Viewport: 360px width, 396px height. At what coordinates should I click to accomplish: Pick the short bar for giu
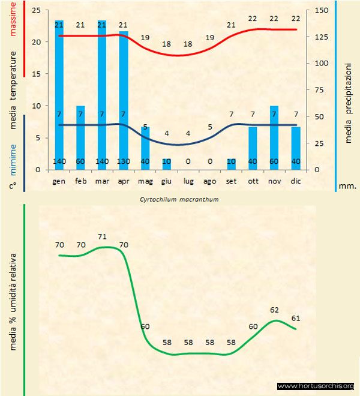tap(167, 164)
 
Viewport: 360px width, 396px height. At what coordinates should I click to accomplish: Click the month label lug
tap(188, 180)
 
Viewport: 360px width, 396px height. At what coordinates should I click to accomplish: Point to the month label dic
tap(295, 180)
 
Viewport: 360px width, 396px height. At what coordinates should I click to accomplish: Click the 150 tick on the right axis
tap(322, 10)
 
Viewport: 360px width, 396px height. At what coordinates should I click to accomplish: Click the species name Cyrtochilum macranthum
tap(179, 199)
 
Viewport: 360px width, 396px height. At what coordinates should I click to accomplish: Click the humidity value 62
tap(275, 310)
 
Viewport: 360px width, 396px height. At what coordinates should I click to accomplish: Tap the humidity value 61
tap(295, 317)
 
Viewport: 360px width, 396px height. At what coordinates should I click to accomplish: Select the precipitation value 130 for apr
tap(124, 162)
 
